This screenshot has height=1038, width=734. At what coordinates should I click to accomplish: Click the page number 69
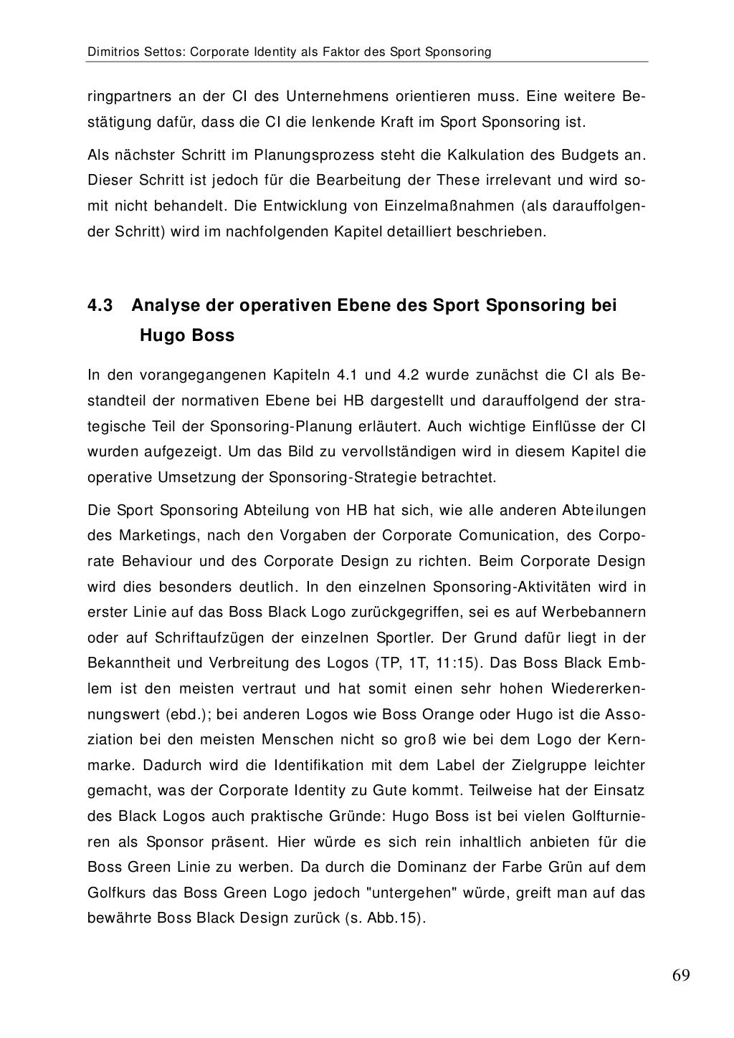[x=681, y=976]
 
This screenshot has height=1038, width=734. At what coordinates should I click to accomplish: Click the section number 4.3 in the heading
[x=100, y=306]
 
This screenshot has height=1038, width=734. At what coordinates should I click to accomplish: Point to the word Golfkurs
[x=113, y=893]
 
